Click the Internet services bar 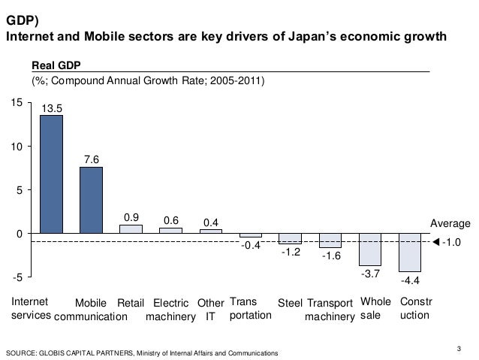[x=51, y=174]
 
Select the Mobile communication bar [x=91, y=200]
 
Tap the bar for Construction [x=410, y=253]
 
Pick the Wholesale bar [x=370, y=250]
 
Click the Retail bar [x=131, y=229]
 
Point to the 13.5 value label [x=51, y=108]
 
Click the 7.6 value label [x=91, y=159]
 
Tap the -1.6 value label [x=330, y=256]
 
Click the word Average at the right [x=450, y=223]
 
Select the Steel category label [x=290, y=304]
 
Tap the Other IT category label [x=210, y=310]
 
